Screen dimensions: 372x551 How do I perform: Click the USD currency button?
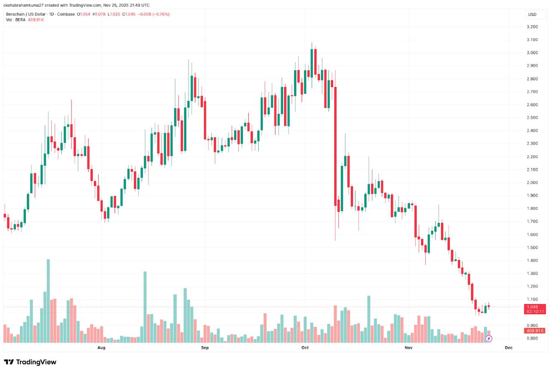point(532,15)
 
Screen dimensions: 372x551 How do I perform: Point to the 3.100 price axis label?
point(532,40)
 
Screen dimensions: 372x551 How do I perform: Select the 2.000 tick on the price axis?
point(532,183)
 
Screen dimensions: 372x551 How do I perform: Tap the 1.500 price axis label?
point(532,248)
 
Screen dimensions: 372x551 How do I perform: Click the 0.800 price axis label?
point(532,338)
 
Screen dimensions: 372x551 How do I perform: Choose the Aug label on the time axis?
point(102,347)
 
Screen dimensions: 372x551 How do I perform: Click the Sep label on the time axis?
point(204,347)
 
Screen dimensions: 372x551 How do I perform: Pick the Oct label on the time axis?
point(305,347)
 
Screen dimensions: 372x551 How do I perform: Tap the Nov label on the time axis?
point(408,347)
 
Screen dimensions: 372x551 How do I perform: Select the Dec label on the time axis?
point(508,347)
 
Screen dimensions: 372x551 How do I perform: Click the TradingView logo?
point(30,362)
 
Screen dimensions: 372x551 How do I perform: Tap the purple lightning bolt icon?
point(489,339)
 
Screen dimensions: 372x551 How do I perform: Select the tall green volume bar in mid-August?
point(145,307)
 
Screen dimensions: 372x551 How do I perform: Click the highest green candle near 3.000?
point(312,63)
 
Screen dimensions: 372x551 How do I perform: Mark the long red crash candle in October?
point(335,146)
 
